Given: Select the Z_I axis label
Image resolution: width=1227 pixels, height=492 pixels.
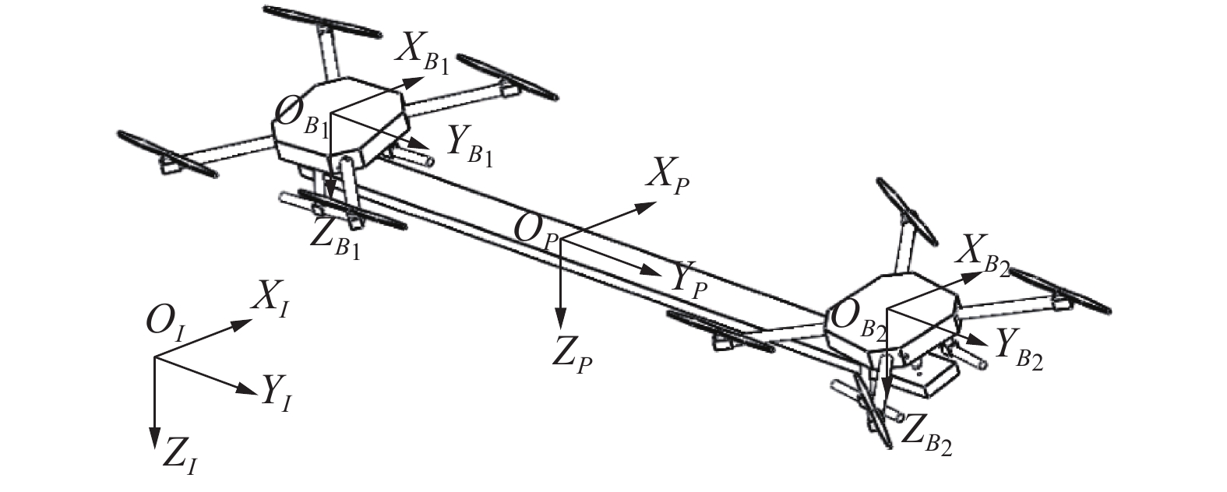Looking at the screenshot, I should click(180, 456).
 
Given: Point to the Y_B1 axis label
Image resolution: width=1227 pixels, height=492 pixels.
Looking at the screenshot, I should click(469, 146).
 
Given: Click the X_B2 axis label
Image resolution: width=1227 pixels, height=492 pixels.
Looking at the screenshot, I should click(985, 254).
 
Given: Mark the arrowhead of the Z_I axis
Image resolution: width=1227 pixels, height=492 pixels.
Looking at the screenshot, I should click(155, 443).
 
